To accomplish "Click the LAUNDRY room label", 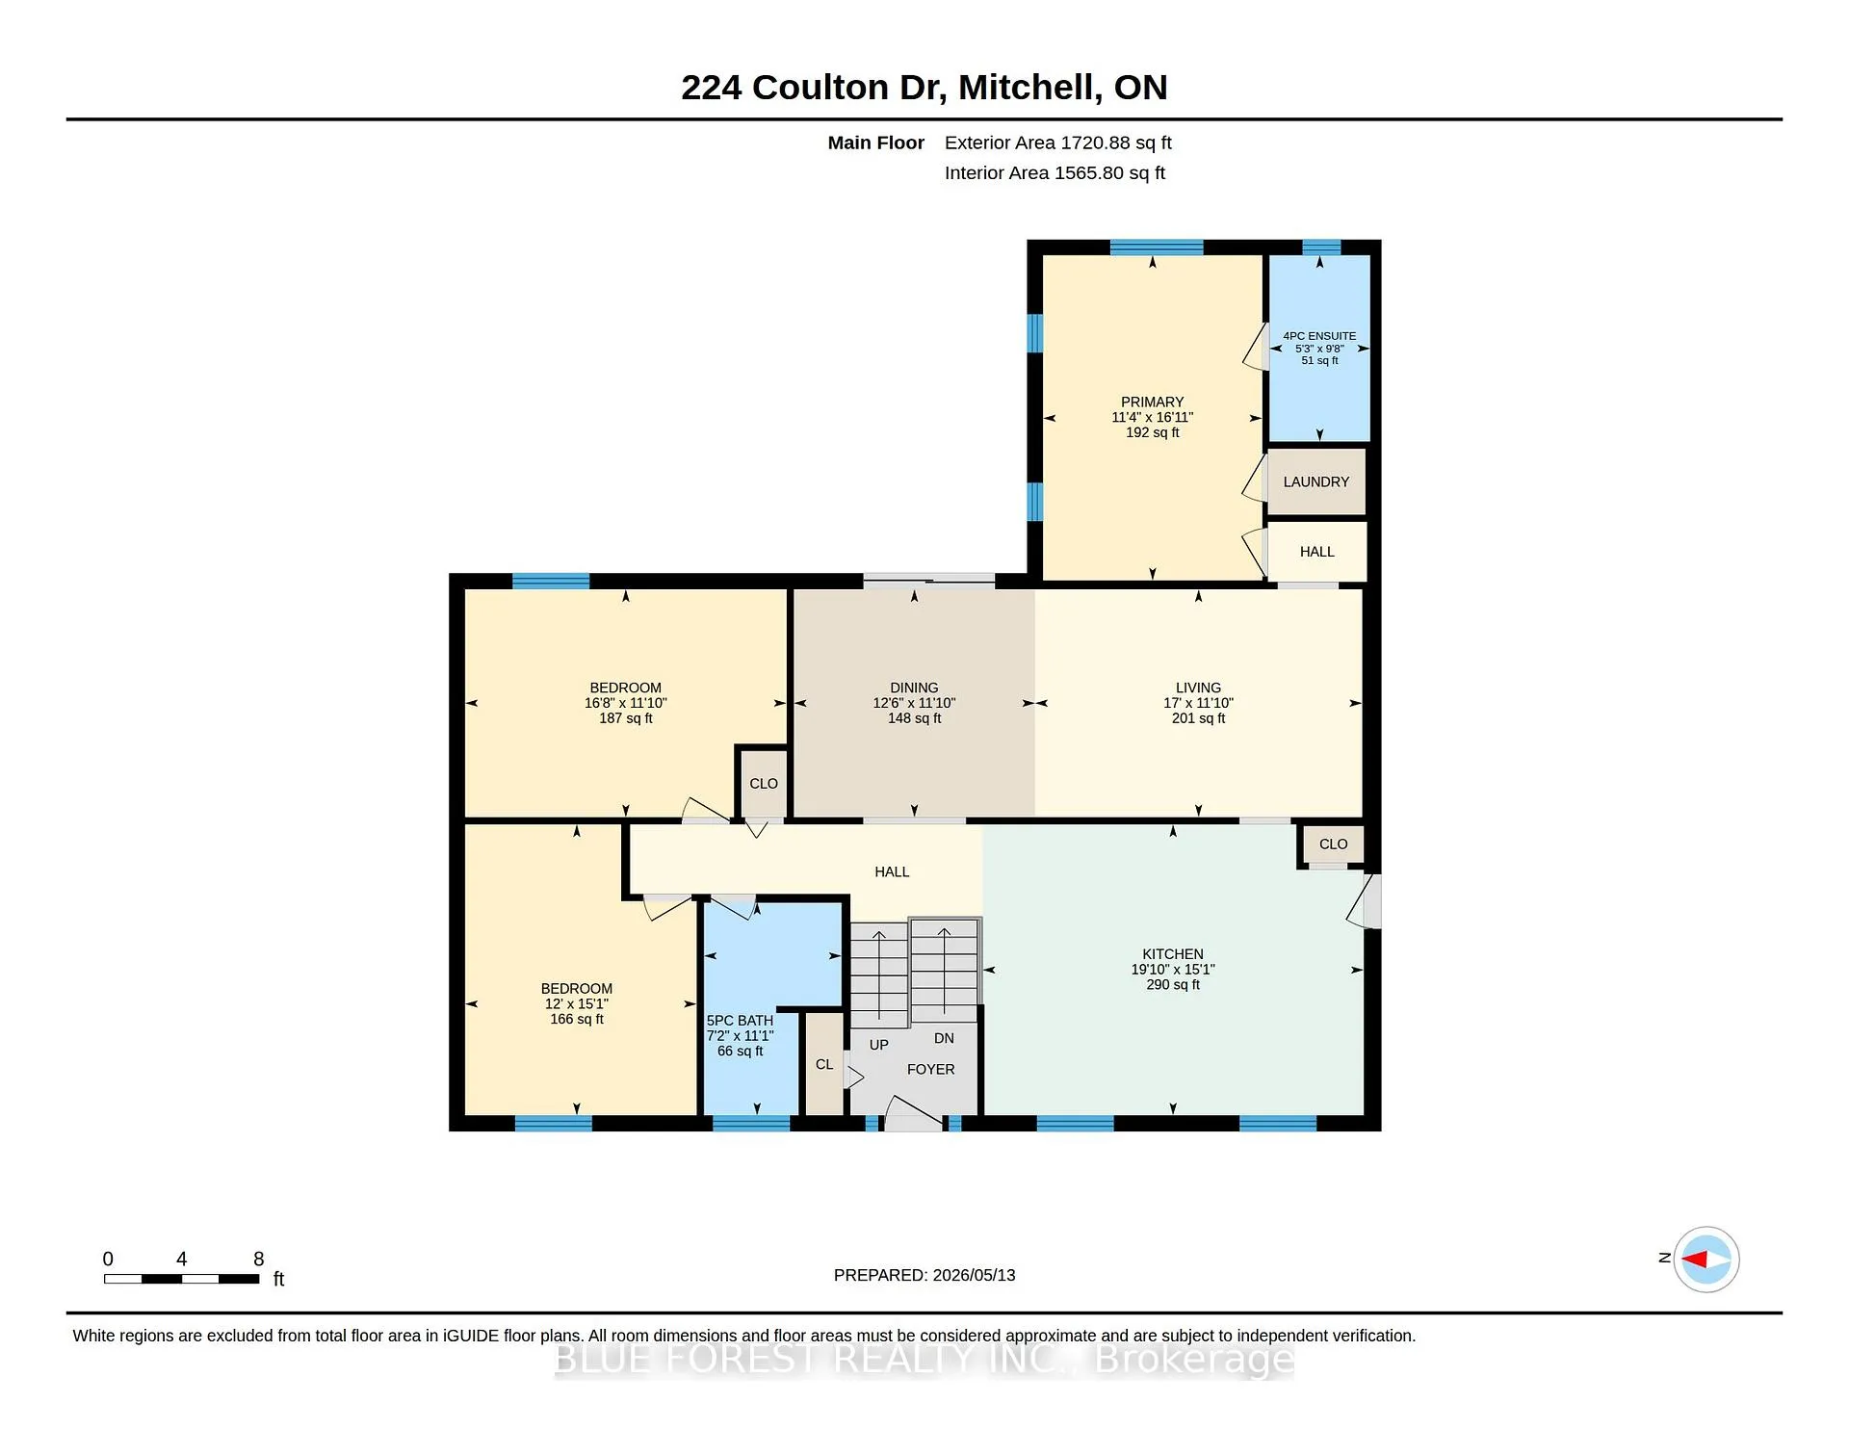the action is (x=1315, y=481).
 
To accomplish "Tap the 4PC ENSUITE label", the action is (x=1319, y=336).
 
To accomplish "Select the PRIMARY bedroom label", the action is (x=1152, y=402).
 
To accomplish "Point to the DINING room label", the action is (x=914, y=688).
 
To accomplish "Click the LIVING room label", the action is (x=1198, y=688).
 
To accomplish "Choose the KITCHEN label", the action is (x=1173, y=954).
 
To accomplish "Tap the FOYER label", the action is (x=931, y=1069).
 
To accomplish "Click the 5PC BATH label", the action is (x=740, y=1021).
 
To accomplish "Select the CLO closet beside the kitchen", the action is (x=1333, y=844).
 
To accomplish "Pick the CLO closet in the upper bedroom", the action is (x=764, y=784).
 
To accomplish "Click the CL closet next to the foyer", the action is (x=824, y=1064).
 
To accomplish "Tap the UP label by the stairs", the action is (x=879, y=1045).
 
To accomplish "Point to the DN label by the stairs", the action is (x=944, y=1038).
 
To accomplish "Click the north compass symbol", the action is (x=1706, y=1259).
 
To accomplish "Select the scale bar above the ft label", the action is (x=182, y=1279).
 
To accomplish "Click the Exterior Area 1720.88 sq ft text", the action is (x=1057, y=143).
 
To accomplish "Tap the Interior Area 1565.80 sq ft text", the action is (x=1055, y=173).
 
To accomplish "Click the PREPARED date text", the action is (x=924, y=1275).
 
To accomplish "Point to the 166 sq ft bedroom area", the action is (x=577, y=1019).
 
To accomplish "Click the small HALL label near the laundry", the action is (x=1317, y=552).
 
